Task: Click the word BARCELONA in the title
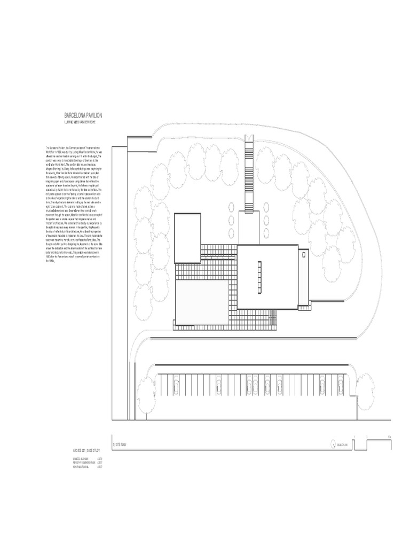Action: coord(75,115)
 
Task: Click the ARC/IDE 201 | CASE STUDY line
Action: coord(87,451)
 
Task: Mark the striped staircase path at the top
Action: coord(249,171)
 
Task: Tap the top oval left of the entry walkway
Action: coord(231,207)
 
